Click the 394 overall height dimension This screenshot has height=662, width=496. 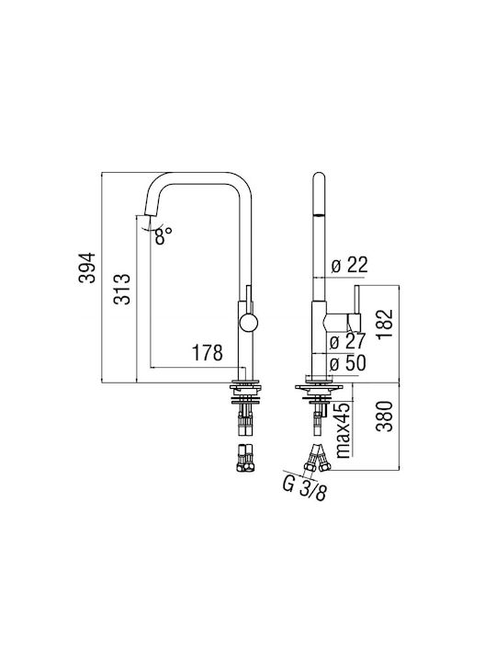click(x=87, y=268)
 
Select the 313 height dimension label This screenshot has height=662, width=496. click(x=122, y=290)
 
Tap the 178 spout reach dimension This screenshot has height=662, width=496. click(x=207, y=353)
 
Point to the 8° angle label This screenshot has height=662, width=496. click(x=163, y=235)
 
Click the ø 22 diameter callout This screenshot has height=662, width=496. click(x=350, y=265)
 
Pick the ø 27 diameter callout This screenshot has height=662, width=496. click(x=347, y=341)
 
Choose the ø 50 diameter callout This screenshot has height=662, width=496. click(x=347, y=363)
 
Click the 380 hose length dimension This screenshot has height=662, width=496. click(x=384, y=417)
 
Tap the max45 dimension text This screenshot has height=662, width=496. click(x=344, y=429)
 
